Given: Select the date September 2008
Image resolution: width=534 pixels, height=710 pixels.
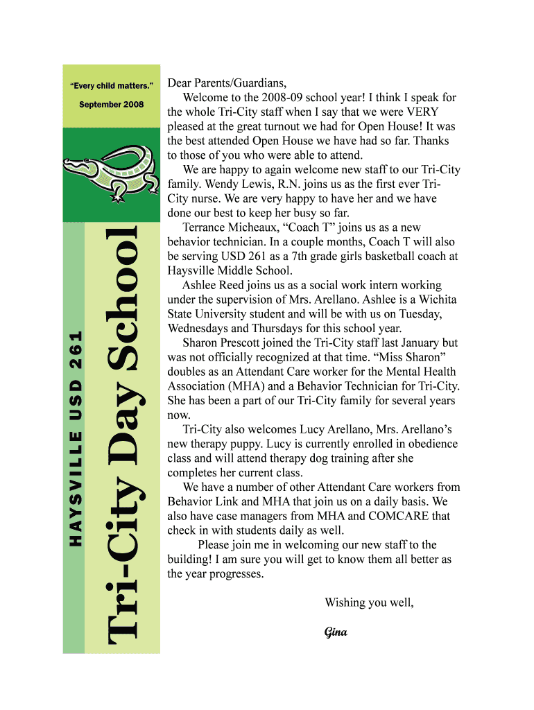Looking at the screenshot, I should [x=111, y=104].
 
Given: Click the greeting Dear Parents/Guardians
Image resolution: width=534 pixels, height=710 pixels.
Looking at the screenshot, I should [x=226, y=83].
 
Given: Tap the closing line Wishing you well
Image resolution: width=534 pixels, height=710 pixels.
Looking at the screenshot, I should [x=369, y=603].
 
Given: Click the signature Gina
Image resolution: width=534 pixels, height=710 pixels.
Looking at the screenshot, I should [x=336, y=632].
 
